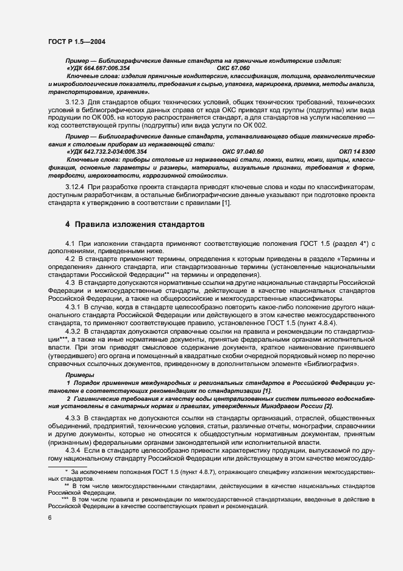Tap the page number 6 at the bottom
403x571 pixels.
tap(50, 518)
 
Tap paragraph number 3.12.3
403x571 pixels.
tap(75, 101)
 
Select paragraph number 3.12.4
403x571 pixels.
tap(75, 185)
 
